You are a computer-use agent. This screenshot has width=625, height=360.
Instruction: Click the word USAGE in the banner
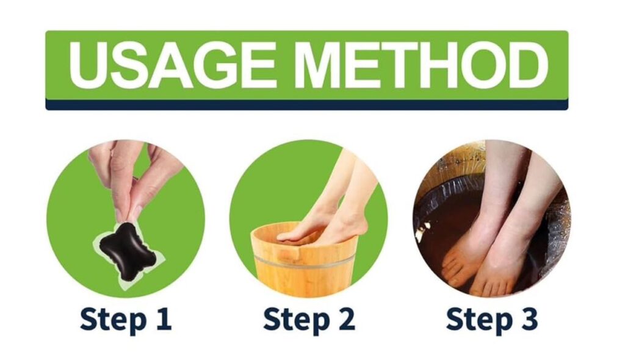point(172,64)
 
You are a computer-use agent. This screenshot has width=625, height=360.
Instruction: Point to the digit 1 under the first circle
point(164,319)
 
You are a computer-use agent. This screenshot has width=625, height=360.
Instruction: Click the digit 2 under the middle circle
point(346,319)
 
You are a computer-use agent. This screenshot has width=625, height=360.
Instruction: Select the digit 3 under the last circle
point(529,319)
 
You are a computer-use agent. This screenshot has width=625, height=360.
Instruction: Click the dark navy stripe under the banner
point(306,105)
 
